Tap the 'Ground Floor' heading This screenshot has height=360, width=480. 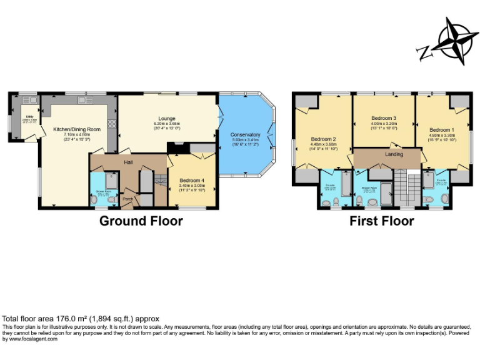[x=141, y=221]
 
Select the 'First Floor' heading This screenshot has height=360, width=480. [x=381, y=221]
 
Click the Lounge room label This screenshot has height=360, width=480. [x=166, y=118]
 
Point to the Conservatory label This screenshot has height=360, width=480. [x=245, y=134]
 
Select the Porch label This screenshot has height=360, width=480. [x=127, y=199]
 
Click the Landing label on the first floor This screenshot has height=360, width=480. [x=394, y=154]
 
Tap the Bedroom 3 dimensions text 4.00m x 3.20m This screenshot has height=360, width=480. [x=384, y=123]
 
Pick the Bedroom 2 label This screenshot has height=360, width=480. [x=324, y=139]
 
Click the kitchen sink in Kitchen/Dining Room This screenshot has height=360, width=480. [x=82, y=99]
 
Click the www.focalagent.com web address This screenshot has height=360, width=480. [x=27, y=339]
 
